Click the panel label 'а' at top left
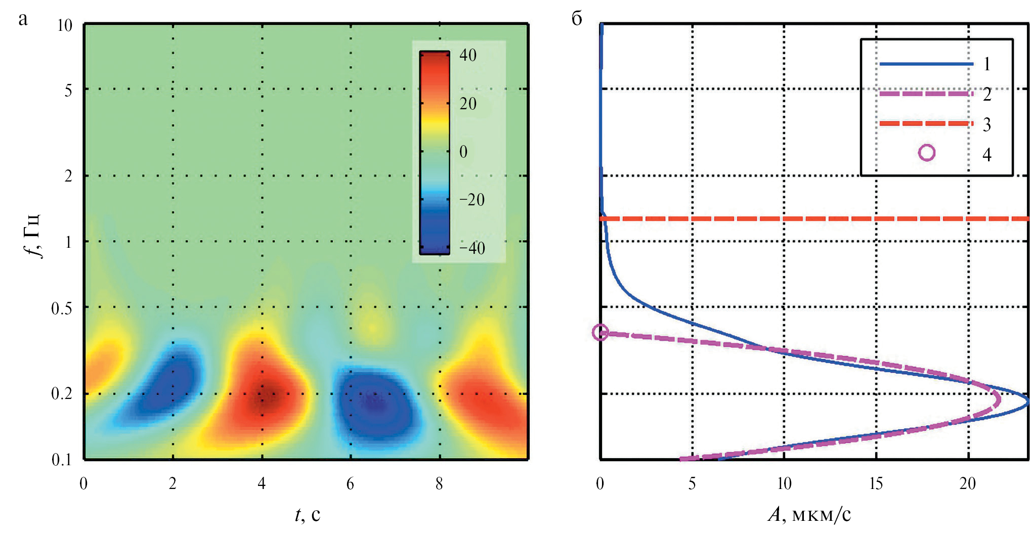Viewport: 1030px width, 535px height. coord(23,19)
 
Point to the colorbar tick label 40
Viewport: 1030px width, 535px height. coord(468,55)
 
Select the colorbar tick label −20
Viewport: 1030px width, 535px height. coord(471,200)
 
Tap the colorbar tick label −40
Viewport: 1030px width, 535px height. coord(471,248)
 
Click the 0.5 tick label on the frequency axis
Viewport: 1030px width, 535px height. coord(62,308)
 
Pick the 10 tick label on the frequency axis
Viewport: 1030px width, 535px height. coord(65,25)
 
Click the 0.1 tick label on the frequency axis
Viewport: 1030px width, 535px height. coord(62,459)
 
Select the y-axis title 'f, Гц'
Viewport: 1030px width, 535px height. coord(33,236)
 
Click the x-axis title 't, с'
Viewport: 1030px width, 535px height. coord(307,514)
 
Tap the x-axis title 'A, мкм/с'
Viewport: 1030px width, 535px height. coord(809,514)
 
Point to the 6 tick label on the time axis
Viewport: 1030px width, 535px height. coord(350,484)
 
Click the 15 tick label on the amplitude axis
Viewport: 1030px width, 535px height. coord(876,484)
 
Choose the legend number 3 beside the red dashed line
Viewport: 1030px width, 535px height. coord(986,124)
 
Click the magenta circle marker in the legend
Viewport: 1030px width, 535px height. coord(926,153)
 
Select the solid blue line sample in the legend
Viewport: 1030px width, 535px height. coord(926,64)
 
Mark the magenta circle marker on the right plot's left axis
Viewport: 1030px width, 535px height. coord(600,332)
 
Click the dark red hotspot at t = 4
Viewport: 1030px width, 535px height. coord(263,395)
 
